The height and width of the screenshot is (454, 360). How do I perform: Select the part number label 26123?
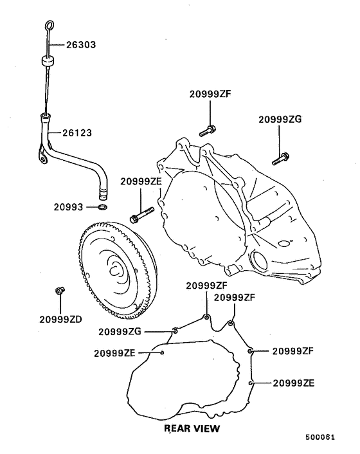click(77, 133)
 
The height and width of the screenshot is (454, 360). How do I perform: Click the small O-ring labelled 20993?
click(102, 208)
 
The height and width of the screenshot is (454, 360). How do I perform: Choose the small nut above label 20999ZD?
click(59, 291)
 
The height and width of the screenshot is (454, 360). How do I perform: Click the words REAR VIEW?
click(192, 427)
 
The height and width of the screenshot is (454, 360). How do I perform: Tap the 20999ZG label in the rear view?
click(120, 332)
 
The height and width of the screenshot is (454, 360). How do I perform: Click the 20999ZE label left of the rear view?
click(114, 352)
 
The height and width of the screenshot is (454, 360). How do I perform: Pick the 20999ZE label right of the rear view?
click(293, 383)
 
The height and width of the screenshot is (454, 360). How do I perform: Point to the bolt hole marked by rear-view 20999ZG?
click(175, 331)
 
